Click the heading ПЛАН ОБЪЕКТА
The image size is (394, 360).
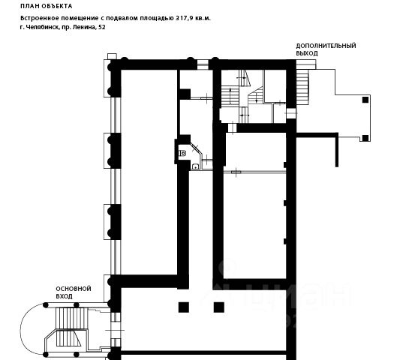47,6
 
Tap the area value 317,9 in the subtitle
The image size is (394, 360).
183,18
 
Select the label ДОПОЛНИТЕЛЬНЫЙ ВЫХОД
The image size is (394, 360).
326,49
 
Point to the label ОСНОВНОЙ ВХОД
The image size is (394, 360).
74,292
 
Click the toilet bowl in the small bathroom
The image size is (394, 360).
182,153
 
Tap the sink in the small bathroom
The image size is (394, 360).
195,166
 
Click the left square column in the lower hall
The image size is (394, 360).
184,307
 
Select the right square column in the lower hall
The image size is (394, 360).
219,307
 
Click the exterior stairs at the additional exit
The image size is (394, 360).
302,87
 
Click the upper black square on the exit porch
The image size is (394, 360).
365,100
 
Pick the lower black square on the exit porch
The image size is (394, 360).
365,138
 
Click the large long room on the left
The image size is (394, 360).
149,172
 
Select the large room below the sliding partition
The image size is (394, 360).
254,226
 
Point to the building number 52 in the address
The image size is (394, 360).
102,27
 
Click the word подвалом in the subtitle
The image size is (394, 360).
121,19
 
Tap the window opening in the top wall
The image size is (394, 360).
203,64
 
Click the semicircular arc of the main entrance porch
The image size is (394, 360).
20,328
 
